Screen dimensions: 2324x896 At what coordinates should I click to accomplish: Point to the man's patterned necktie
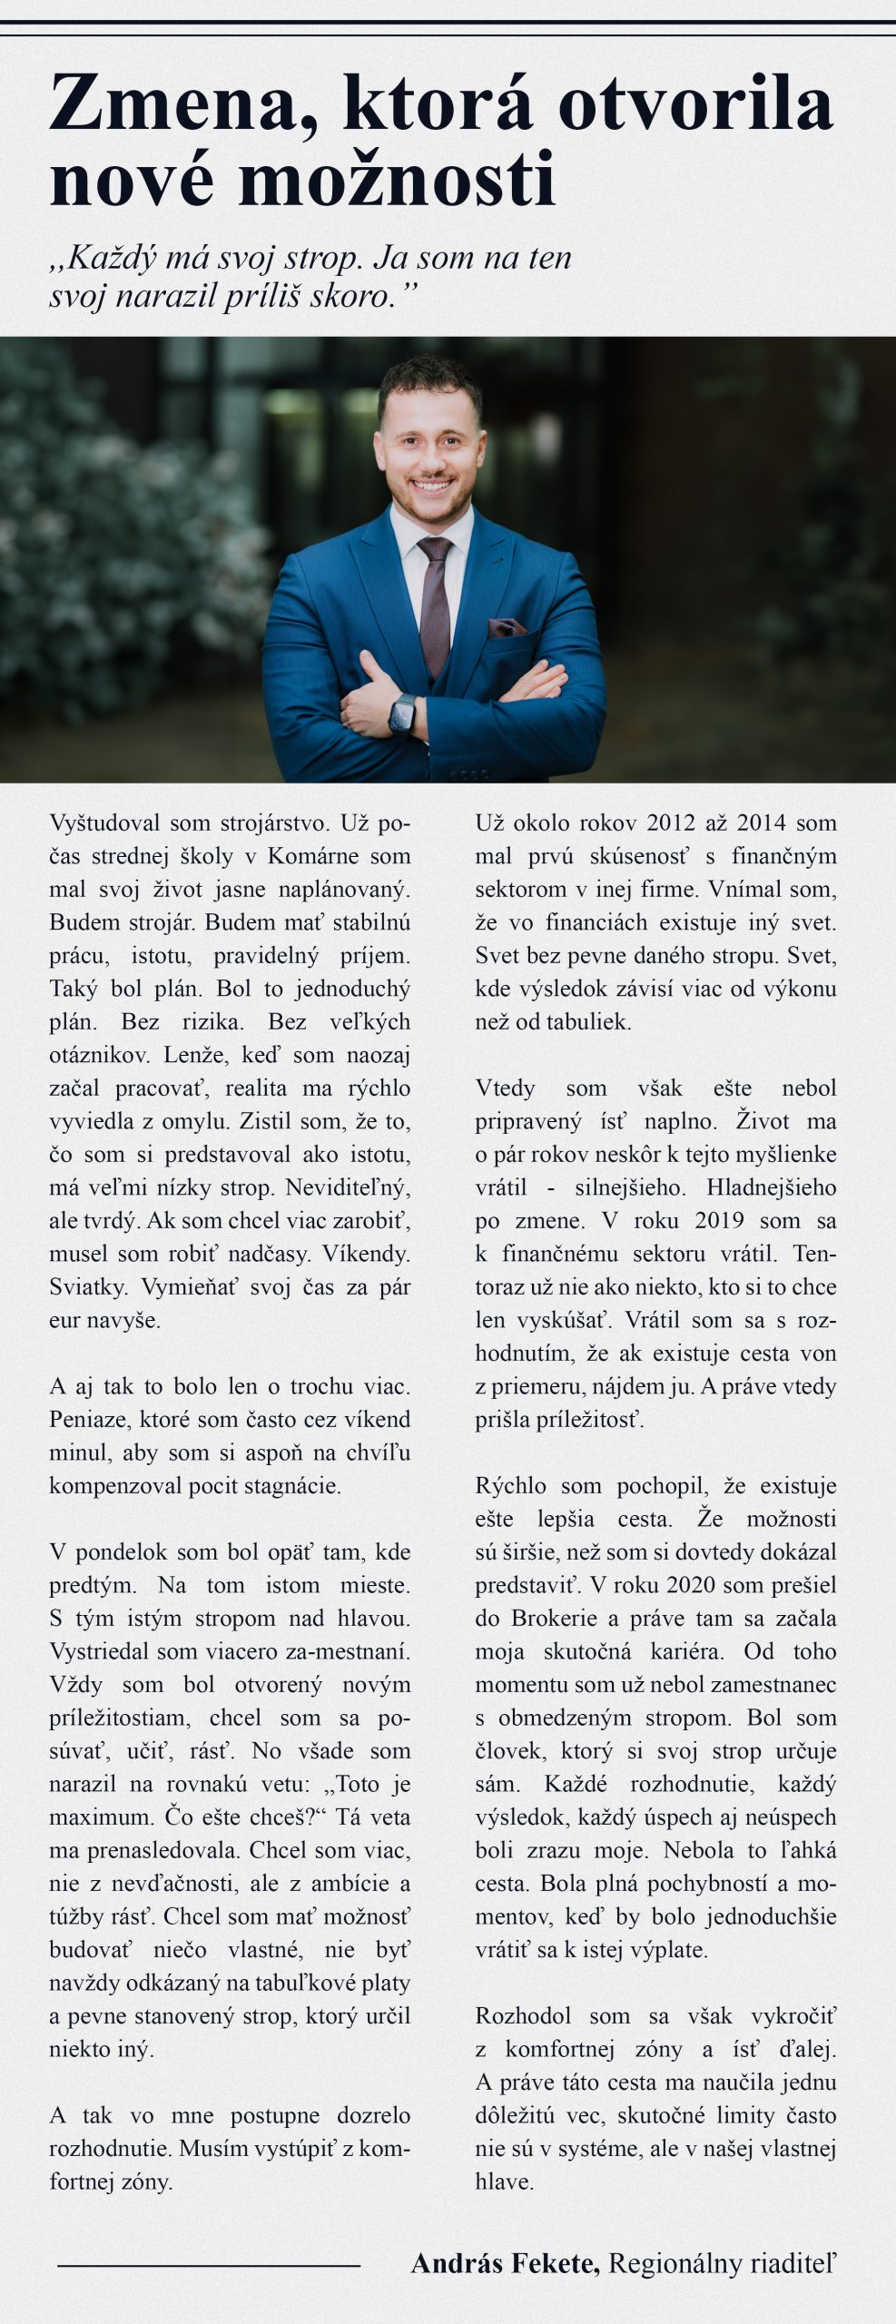point(435,599)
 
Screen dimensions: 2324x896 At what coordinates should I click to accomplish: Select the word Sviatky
point(88,1286)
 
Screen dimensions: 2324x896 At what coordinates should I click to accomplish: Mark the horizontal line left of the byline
point(209,2266)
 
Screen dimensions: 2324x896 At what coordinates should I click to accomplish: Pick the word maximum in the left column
point(101,1817)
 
